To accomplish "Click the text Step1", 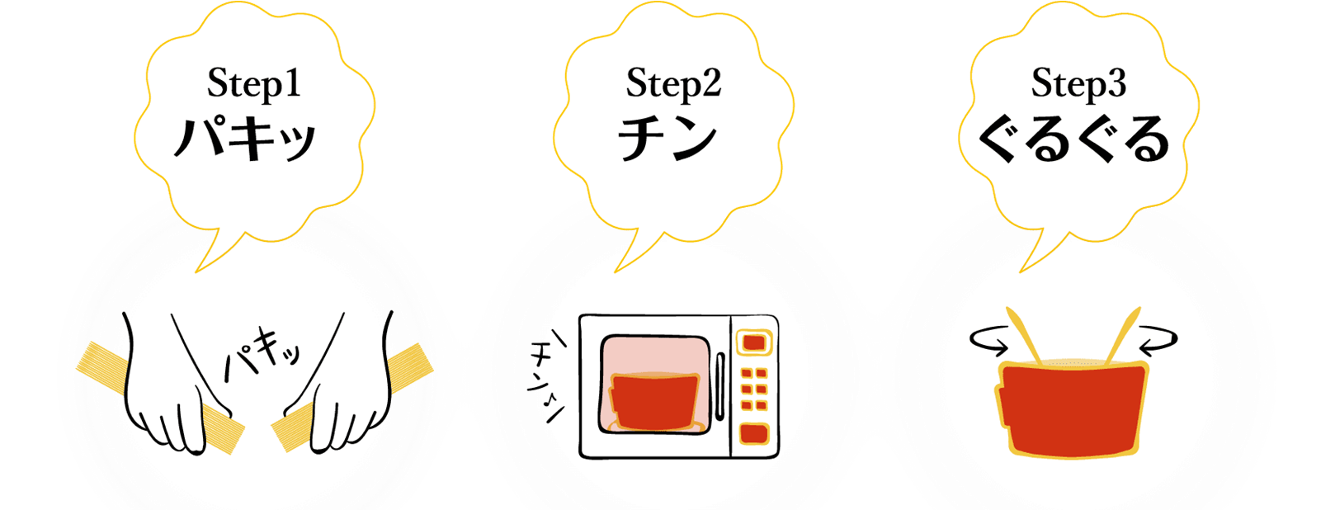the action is click(x=253, y=84).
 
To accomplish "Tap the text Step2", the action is click(x=673, y=84).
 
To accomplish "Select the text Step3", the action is click(x=1078, y=84).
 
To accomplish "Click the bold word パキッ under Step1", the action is click(x=245, y=138).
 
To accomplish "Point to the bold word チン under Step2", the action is click(x=667, y=138).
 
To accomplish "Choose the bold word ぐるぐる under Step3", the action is click(x=1073, y=138).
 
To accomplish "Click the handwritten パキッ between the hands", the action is click(x=261, y=356).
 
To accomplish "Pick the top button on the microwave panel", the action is click(x=753, y=342).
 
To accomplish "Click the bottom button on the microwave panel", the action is click(x=753, y=433).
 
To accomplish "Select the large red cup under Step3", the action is click(x=1073, y=408).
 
